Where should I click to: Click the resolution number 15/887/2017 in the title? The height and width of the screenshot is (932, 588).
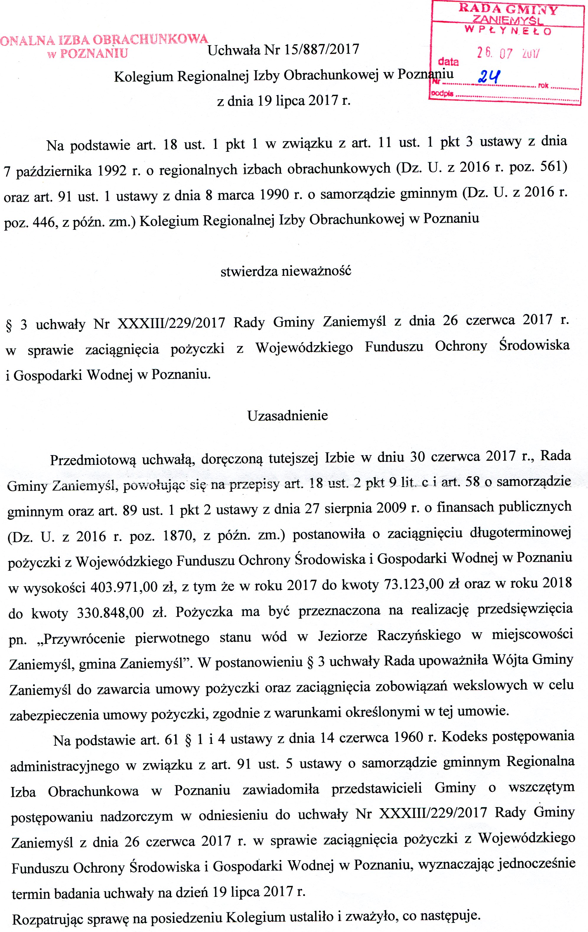pos(321,50)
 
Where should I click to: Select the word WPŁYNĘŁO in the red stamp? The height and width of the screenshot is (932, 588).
pos(508,30)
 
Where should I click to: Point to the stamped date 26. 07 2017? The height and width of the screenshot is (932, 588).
pos(508,53)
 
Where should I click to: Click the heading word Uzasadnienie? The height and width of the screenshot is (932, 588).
pos(288,416)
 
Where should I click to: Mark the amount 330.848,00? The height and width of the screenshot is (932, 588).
pos(110,613)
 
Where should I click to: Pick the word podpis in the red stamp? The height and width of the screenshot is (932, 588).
pos(442,94)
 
